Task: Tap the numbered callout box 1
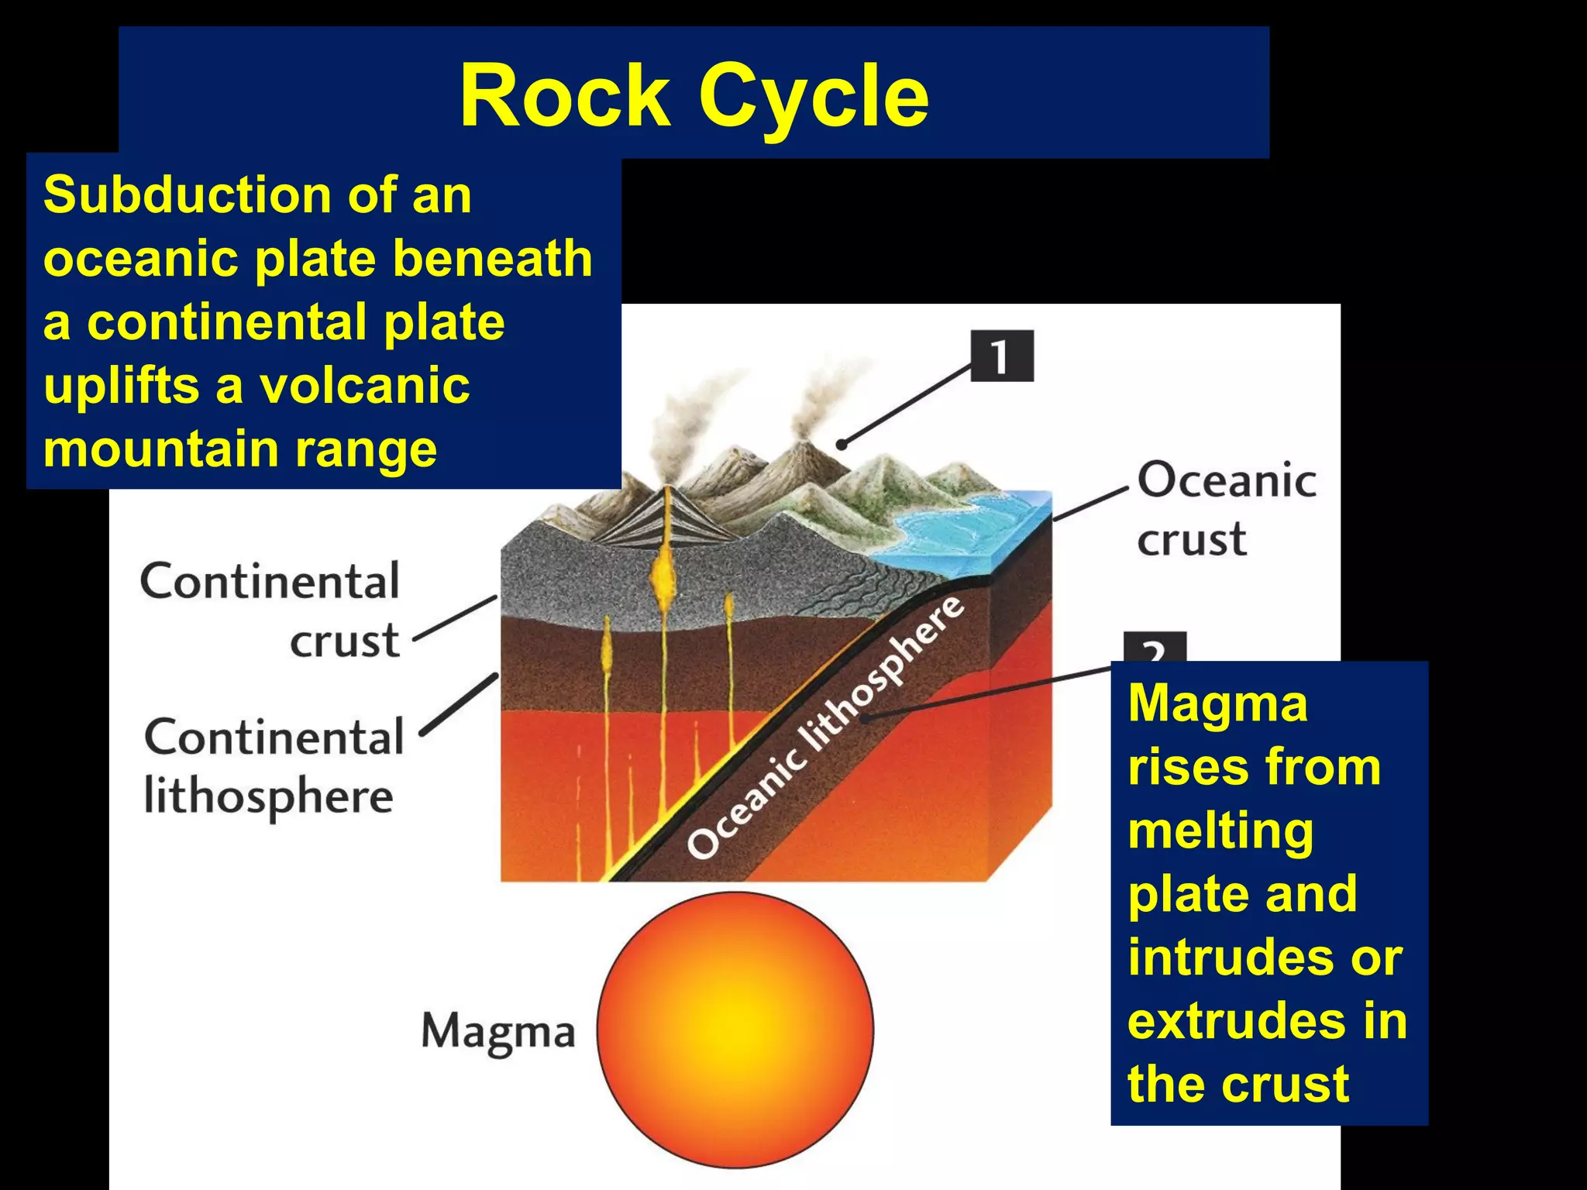click(x=1002, y=356)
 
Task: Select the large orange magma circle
click(x=735, y=1029)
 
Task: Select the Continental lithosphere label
click(x=273, y=766)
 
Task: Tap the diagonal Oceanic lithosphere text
click(x=826, y=728)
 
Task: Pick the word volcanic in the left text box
click(x=364, y=386)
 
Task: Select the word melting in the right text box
click(x=1220, y=832)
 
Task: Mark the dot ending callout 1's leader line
click(x=842, y=445)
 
